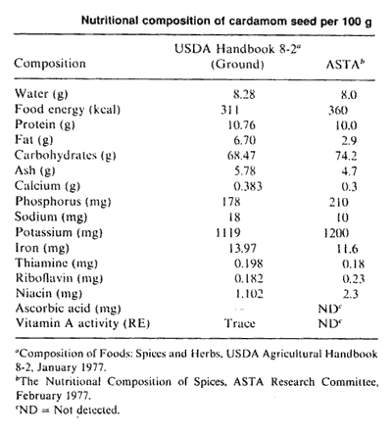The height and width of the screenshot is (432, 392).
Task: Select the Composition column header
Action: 50,63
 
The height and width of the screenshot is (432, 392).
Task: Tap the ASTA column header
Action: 345,64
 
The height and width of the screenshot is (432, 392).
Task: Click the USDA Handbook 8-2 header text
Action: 237,49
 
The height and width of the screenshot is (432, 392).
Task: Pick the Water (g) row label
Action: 41,94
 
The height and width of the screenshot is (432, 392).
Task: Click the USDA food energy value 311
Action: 229,110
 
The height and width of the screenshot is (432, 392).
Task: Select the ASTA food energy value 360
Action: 338,111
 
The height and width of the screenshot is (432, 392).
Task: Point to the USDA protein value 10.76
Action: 241,125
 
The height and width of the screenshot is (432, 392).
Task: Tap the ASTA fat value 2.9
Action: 349,140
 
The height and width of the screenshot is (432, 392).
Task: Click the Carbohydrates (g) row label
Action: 66,155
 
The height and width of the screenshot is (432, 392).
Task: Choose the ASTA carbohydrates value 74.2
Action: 346,156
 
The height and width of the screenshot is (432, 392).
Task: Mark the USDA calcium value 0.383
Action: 248,186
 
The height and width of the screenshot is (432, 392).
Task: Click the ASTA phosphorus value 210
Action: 339,202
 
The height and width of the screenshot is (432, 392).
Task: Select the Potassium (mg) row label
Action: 59,232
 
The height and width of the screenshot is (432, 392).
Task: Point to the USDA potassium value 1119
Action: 228,232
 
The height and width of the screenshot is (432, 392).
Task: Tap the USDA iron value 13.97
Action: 242,248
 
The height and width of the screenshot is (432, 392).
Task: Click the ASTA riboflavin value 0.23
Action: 354,278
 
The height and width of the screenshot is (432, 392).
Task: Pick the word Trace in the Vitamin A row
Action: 240,323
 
